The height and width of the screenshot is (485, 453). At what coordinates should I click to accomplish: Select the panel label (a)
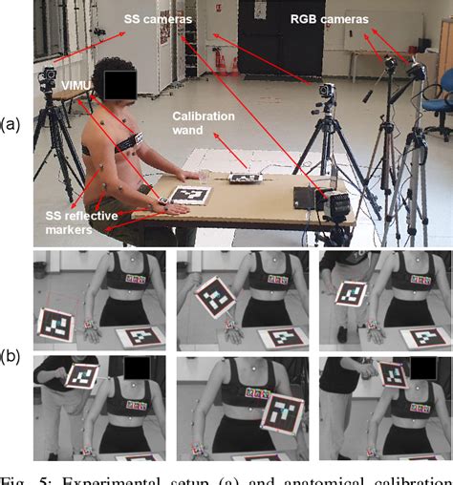tap(11, 123)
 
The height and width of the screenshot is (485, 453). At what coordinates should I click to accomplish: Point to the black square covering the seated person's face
tap(119, 84)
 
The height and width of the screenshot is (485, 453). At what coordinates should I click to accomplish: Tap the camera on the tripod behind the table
tap(328, 92)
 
